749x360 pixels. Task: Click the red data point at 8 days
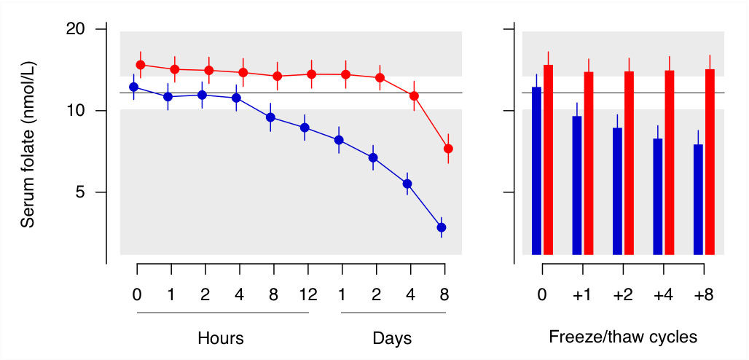point(448,149)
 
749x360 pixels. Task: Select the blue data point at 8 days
point(442,227)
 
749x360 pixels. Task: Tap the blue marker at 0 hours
point(133,87)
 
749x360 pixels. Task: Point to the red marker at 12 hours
point(311,74)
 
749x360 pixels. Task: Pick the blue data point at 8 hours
point(270,117)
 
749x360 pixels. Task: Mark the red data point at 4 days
point(414,95)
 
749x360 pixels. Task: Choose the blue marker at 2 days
point(373,157)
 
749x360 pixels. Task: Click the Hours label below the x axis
point(221,338)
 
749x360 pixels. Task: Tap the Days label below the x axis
point(392,338)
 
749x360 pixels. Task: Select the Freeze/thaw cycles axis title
point(623,337)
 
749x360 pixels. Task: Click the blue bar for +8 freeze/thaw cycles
point(698,200)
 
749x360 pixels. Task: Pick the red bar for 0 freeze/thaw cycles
point(549,160)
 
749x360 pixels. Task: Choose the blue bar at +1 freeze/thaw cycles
point(577,185)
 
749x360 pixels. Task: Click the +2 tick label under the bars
point(623,295)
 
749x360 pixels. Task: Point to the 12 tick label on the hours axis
point(308,295)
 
